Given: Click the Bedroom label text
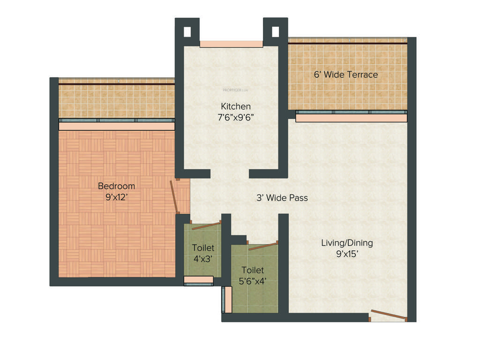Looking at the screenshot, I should click(x=116, y=186).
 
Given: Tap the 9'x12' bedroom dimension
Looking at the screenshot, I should click(x=116, y=197).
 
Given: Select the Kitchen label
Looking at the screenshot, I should click(x=236, y=106).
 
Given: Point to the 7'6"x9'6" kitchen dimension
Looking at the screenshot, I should click(x=236, y=118).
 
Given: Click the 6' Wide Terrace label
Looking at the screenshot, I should click(x=345, y=75).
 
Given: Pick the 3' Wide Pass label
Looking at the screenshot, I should click(x=282, y=198).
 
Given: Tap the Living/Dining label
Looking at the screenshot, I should click(x=347, y=243).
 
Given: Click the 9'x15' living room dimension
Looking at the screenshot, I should click(x=347, y=255).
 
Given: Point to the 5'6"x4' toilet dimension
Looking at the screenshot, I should click(x=253, y=282).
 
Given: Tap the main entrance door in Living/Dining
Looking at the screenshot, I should click(x=388, y=315).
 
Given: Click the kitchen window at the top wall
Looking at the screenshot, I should click(x=231, y=44).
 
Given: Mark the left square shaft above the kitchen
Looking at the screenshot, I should click(x=187, y=32).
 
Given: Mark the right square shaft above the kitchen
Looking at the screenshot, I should click(x=275, y=32).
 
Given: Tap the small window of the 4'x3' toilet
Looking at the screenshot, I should click(x=198, y=280).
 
